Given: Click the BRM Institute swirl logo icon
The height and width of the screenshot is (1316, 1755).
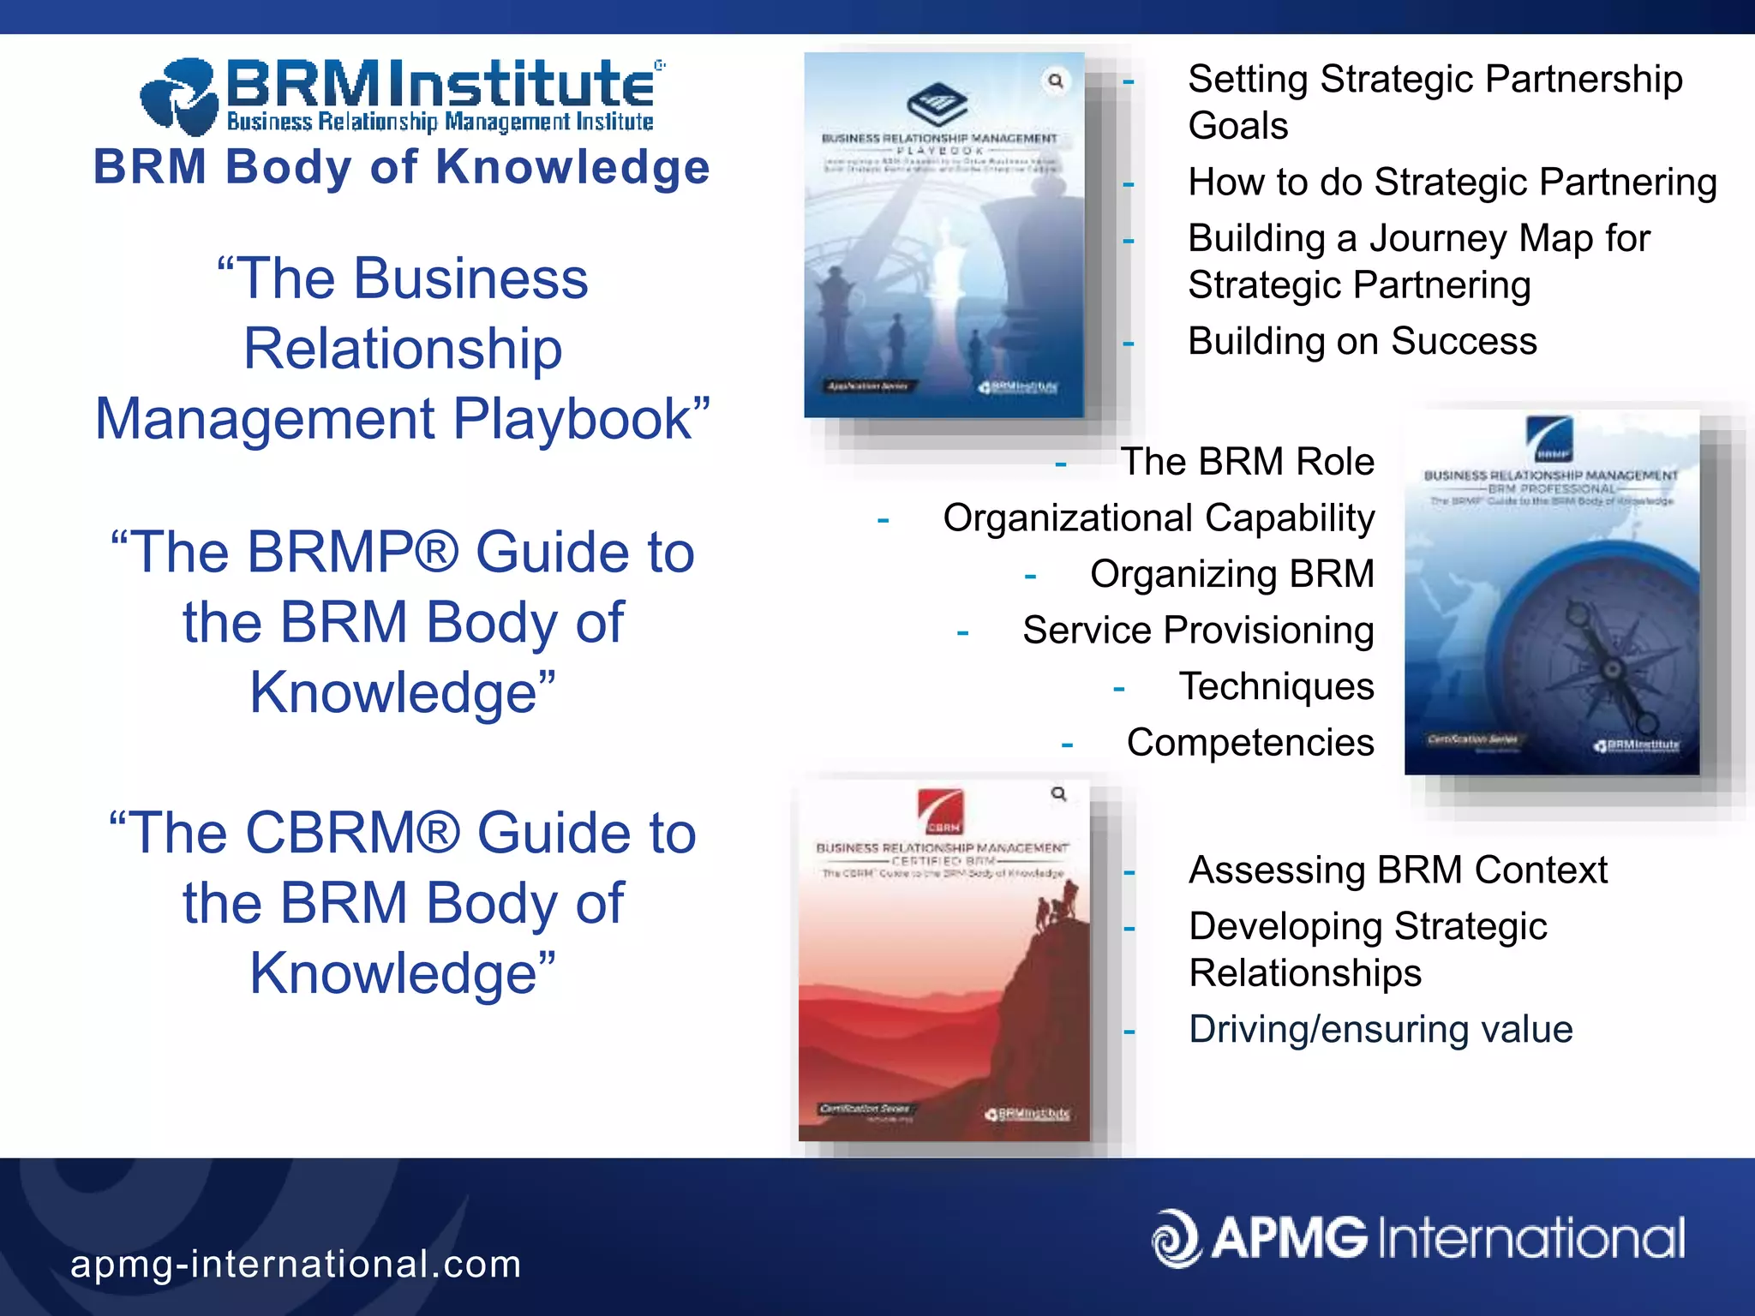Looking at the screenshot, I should pos(178,97).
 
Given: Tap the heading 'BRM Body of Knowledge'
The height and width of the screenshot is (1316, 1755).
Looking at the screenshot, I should pos(401,166).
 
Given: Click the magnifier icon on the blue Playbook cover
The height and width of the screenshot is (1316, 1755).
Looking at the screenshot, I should pos(1056,81).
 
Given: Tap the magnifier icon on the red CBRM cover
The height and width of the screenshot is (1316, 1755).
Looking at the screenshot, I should pos(1059,794).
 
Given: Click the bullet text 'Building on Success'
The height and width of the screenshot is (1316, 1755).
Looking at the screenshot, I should pos(1363,341).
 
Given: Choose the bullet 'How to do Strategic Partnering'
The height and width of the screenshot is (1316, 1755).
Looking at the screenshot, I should pos(1453,182).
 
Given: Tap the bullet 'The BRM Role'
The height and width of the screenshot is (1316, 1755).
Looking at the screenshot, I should pos(1247,462).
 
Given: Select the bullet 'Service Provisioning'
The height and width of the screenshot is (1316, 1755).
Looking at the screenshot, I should pos(1198,631).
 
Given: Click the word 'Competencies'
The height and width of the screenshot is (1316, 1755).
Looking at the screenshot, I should pos(1250,743).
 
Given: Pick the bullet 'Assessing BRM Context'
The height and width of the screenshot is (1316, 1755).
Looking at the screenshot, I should pos(1399,870).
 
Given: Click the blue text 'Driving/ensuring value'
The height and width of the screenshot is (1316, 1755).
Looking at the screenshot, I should pos(1381,1029).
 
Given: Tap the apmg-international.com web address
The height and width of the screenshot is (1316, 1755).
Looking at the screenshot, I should pos(296,1264).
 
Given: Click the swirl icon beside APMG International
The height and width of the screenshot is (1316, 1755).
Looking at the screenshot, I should pos(1176,1238).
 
